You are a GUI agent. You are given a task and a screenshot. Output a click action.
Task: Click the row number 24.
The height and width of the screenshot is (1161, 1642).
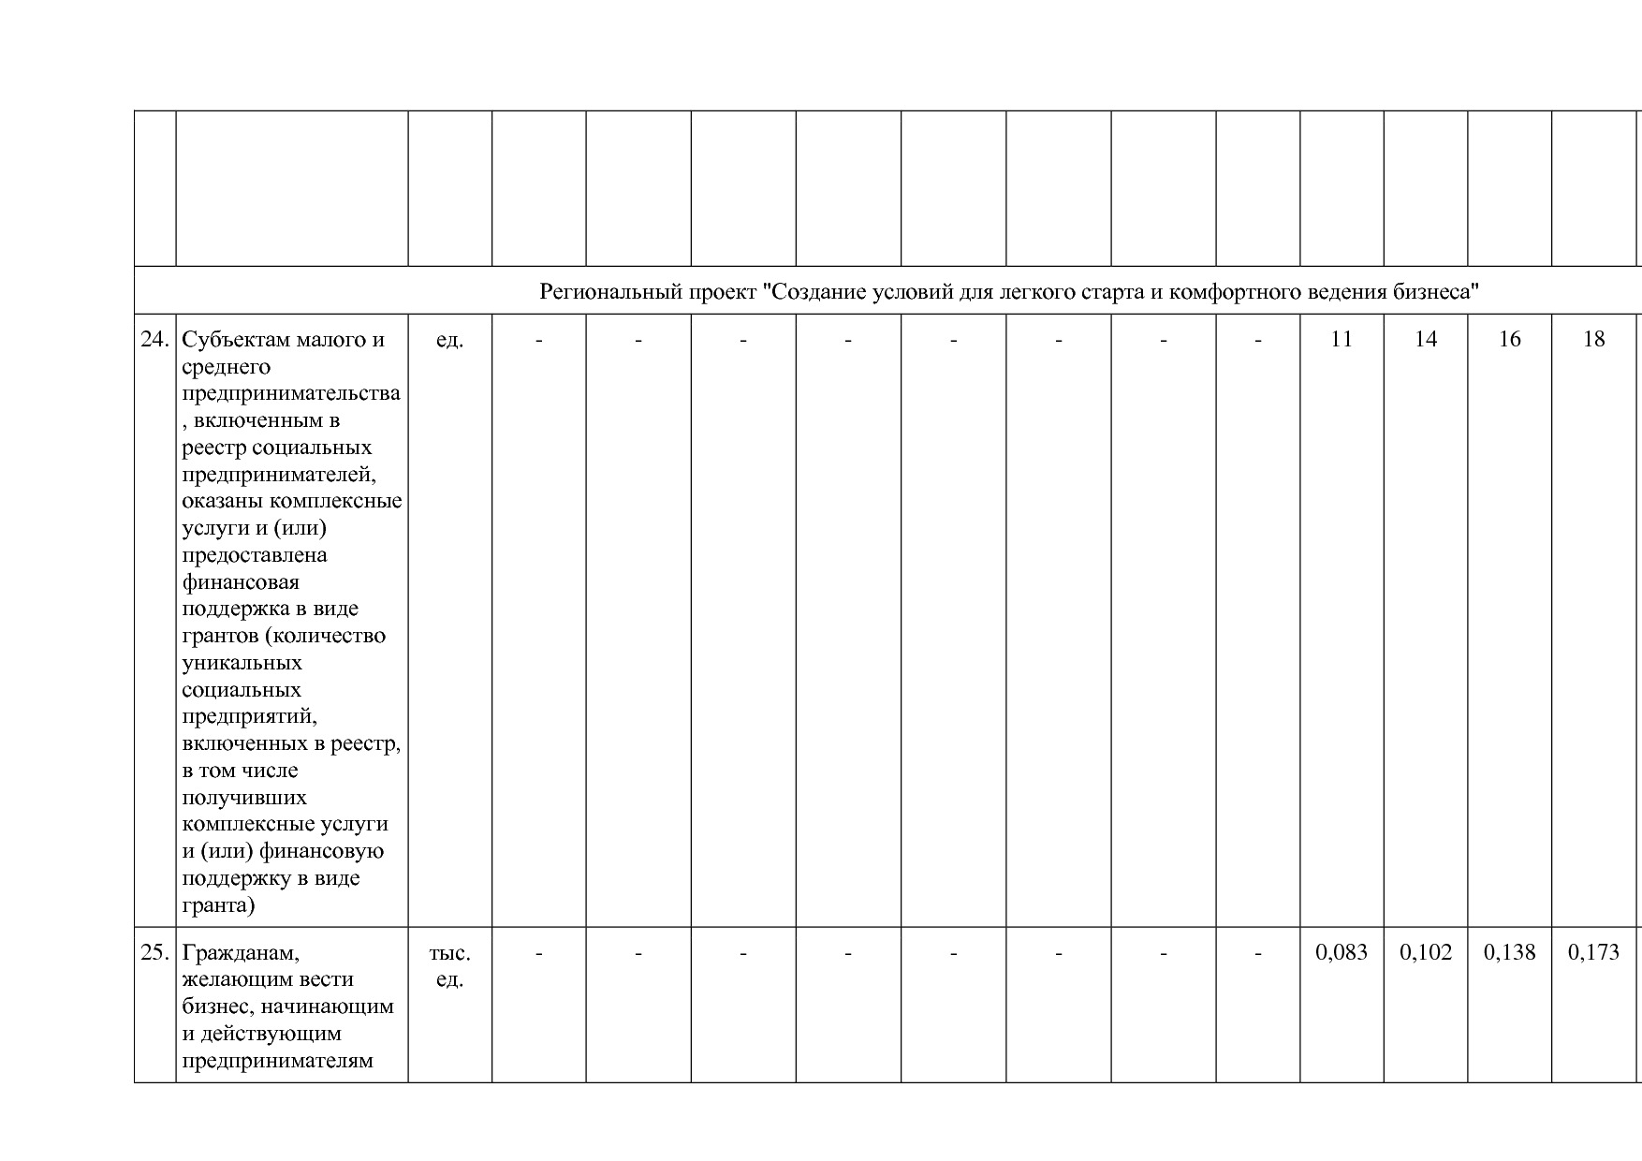coord(154,339)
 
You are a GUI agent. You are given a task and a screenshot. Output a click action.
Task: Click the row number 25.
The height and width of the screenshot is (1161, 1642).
coord(154,952)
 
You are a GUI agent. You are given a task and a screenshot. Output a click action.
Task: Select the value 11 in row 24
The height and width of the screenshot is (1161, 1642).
coord(1341,339)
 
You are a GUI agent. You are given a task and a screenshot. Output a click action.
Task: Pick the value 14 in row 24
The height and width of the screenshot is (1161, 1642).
coord(1425,339)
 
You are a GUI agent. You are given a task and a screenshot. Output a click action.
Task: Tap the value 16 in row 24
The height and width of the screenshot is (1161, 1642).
coord(1509,339)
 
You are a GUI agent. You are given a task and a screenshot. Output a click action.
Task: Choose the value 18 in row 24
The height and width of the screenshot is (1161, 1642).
coord(1593,339)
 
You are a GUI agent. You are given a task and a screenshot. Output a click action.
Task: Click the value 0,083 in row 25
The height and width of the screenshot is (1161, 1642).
coord(1341,952)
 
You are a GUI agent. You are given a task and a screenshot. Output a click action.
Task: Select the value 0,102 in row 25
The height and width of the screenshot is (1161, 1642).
coord(1425,952)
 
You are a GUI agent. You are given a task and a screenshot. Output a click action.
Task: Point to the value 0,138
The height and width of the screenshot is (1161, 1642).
coord(1509,952)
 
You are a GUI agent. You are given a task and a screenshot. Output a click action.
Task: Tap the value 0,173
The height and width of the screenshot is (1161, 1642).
coord(1593,952)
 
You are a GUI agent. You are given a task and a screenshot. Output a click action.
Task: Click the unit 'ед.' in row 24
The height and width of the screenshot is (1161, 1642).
coord(449,339)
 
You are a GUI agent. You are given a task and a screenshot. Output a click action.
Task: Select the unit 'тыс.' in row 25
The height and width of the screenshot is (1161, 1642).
coord(449,952)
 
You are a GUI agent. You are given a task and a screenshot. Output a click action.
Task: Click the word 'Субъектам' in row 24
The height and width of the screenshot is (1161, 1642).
coord(235,339)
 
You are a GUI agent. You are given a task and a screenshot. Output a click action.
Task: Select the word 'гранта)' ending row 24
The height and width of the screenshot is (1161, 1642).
coord(218,905)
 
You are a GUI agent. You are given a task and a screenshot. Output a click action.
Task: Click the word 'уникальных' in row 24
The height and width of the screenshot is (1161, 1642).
coord(242,663)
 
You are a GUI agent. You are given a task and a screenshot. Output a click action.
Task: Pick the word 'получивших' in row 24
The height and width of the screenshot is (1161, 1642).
coord(243,798)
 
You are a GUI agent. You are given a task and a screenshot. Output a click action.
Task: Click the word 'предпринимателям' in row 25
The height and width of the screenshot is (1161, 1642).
coord(277,1061)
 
